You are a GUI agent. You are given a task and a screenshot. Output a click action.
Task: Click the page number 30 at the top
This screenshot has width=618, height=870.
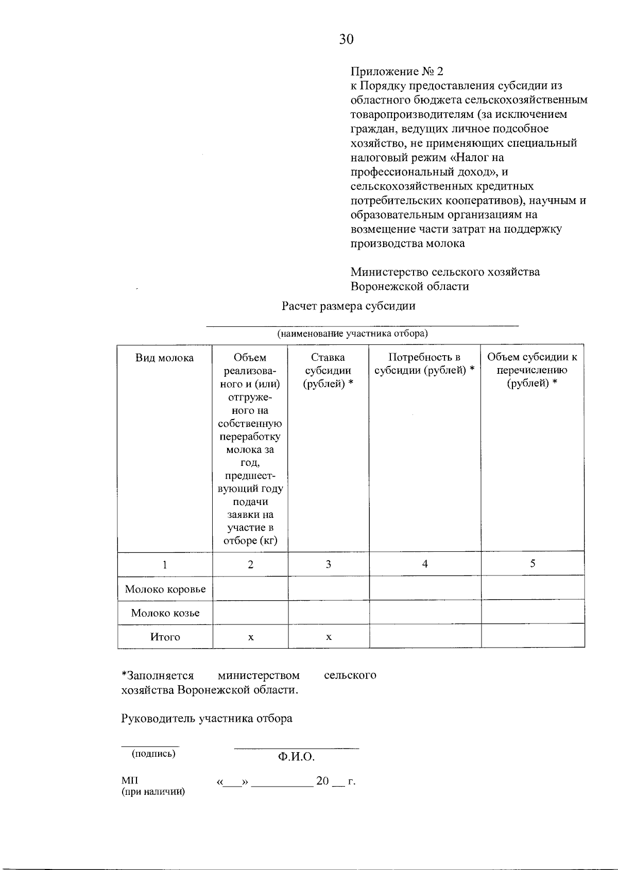tap(346, 39)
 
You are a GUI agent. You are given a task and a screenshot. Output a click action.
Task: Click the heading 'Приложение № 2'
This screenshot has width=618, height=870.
tap(396, 71)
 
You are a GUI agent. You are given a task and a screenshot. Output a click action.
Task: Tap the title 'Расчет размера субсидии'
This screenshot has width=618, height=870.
tap(349, 306)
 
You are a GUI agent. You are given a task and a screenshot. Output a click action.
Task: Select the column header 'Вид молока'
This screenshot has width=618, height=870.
tap(164, 358)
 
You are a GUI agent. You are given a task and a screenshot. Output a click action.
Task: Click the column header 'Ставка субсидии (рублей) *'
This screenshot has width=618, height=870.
tap(328, 371)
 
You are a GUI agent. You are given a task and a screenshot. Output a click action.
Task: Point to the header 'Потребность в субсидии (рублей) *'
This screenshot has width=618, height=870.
tap(424, 364)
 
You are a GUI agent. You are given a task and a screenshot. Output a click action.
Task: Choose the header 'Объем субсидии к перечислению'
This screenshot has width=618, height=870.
tap(532, 370)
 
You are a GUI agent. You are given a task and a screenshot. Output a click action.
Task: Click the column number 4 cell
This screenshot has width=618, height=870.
tap(425, 564)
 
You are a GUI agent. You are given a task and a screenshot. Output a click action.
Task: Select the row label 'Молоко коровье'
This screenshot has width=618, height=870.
tap(165, 589)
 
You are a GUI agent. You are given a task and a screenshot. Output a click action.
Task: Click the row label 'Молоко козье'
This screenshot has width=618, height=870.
tap(165, 613)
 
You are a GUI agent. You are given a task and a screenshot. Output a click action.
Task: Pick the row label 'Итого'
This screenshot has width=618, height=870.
tap(165, 637)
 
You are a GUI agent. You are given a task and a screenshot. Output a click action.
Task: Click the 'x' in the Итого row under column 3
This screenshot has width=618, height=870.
tap(329, 637)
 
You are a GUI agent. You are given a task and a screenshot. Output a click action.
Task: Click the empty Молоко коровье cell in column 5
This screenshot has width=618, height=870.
tap(533, 588)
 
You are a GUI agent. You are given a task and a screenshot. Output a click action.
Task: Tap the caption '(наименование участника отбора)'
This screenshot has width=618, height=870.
tap(353, 334)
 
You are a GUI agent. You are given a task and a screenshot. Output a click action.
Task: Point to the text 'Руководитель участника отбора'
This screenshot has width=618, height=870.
tap(207, 719)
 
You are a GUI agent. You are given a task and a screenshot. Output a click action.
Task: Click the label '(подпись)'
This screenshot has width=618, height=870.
tap(153, 754)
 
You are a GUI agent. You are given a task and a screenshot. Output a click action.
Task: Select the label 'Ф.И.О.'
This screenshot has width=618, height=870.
tap(296, 757)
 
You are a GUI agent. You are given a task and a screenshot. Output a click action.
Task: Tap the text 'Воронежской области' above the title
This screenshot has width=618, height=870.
tap(409, 287)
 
